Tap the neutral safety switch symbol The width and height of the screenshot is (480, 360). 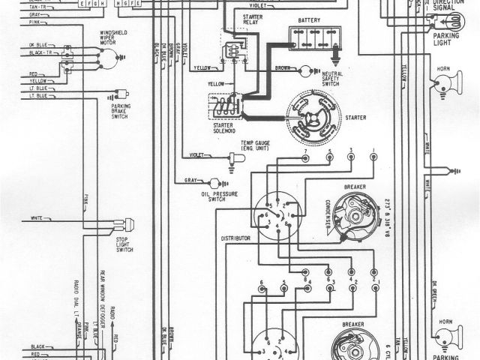304,71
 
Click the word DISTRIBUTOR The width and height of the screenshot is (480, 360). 234,238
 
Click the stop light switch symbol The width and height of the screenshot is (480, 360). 127,223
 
